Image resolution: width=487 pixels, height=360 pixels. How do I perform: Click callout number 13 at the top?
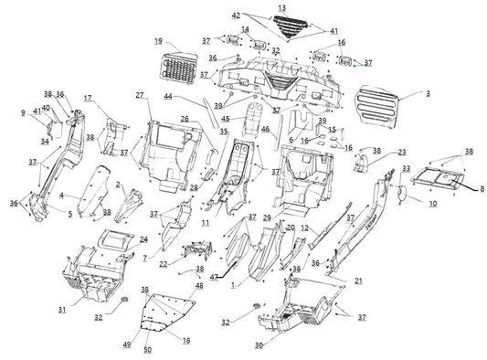(281, 8)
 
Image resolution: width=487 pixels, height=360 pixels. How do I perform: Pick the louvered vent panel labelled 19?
(179, 67)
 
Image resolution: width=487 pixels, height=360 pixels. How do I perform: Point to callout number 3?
(426, 94)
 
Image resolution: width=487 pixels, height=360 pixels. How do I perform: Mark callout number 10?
(433, 204)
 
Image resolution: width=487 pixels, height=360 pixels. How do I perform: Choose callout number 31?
(62, 311)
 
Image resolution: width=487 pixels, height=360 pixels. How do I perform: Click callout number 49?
(127, 346)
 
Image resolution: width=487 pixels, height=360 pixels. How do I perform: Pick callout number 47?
(213, 275)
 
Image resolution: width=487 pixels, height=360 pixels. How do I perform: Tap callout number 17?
(89, 98)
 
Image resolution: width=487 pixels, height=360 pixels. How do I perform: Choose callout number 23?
(401, 152)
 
